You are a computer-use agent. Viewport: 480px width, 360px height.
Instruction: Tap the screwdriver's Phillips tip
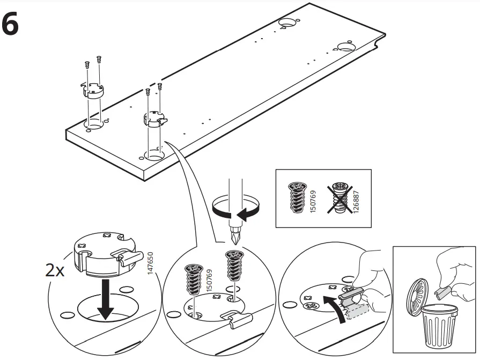234,237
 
